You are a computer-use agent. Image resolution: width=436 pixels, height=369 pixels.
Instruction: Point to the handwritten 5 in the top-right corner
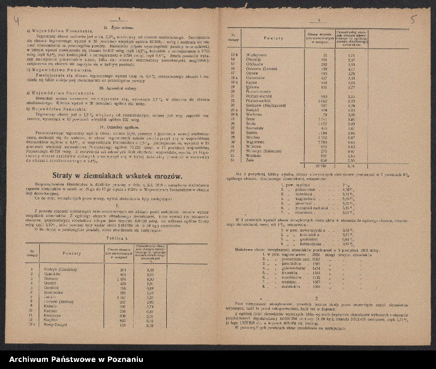pyautogui.click(x=413, y=20)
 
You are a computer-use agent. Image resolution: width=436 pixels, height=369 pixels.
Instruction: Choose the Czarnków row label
pyautogui.click(x=55, y=274)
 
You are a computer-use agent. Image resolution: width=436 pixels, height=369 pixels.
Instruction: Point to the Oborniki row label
pyautogui.click(x=255, y=61)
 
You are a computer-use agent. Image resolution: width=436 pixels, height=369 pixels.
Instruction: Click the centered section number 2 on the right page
pyautogui.click(x=317, y=299)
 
